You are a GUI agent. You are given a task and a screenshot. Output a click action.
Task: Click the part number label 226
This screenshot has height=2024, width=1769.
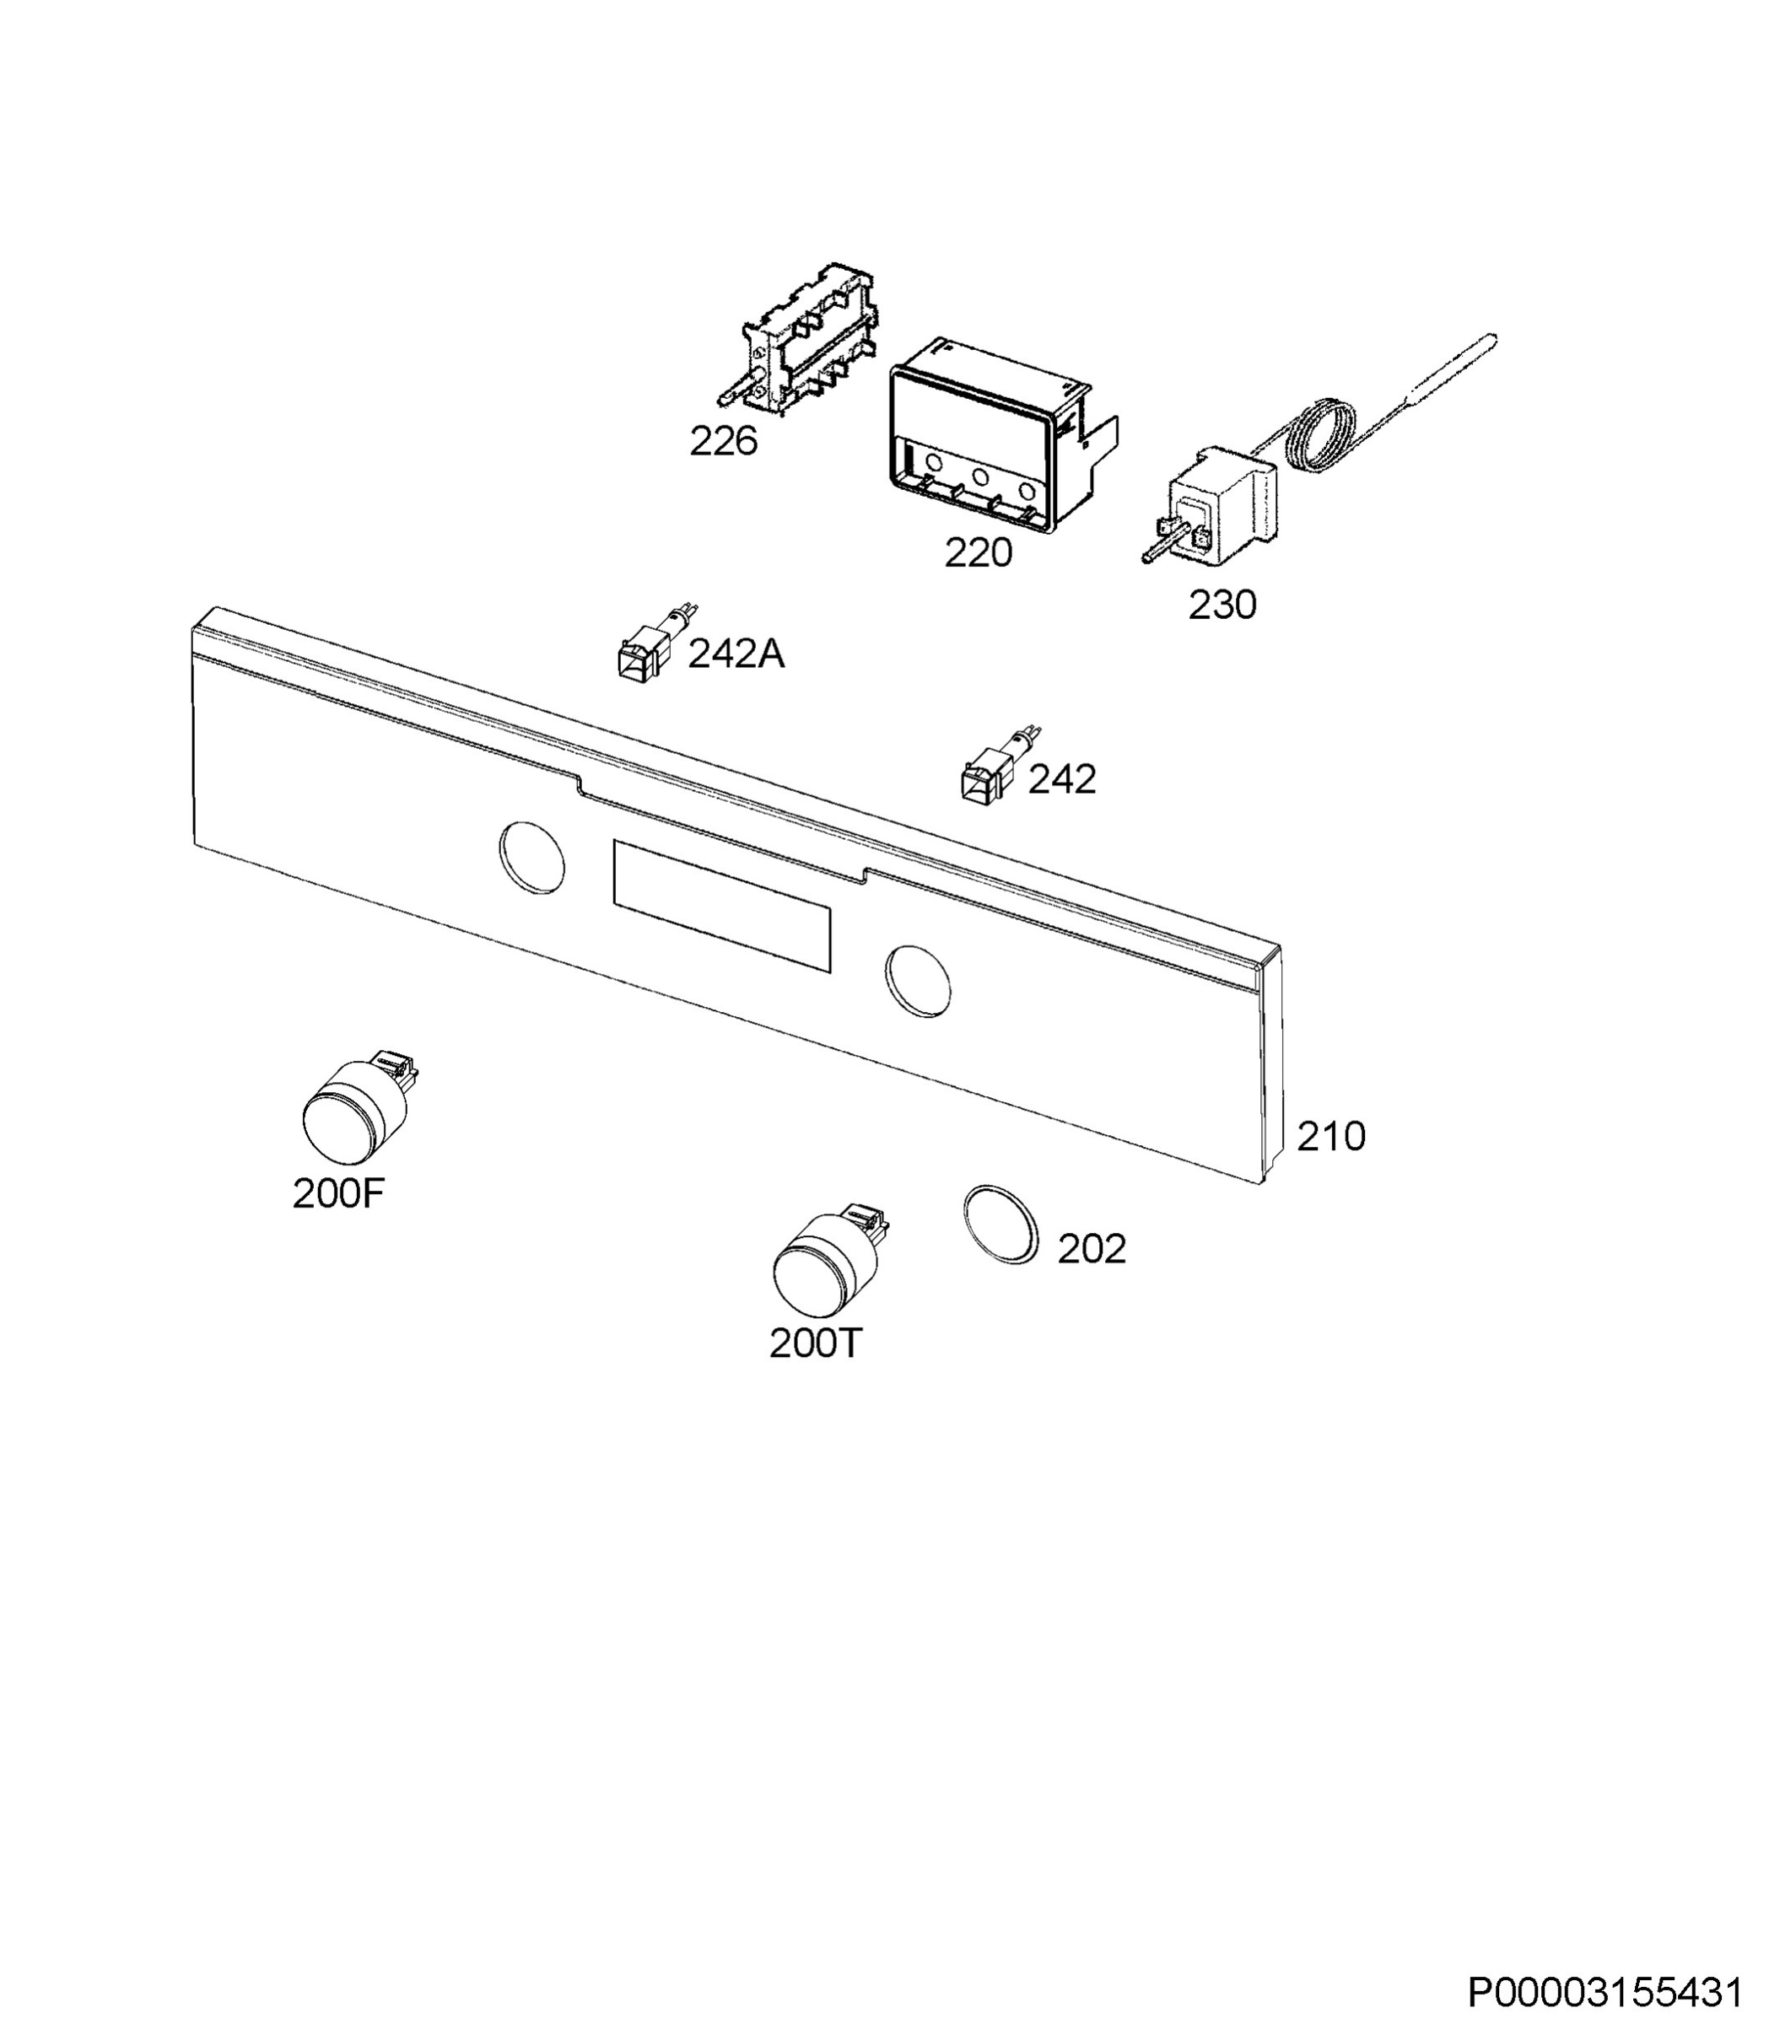[723, 441]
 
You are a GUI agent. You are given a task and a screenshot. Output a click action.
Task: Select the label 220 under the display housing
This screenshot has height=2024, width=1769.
[979, 552]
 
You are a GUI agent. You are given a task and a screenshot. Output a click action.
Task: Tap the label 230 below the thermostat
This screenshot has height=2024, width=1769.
[1222, 605]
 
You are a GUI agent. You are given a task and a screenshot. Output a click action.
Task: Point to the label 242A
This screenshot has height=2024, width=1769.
[736, 654]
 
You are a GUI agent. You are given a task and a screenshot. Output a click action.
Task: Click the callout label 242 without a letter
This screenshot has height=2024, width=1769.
[1062, 779]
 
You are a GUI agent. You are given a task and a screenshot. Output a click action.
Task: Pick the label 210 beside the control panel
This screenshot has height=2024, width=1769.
[1330, 1137]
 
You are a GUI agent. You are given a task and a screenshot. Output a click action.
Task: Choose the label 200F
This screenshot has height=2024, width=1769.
[337, 1195]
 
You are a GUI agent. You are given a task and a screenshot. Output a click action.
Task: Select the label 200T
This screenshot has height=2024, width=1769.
[816, 1344]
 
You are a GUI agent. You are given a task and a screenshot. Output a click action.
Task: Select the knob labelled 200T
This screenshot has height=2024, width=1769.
[828, 1262]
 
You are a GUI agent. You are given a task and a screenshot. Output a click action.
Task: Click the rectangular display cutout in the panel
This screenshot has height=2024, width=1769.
[721, 905]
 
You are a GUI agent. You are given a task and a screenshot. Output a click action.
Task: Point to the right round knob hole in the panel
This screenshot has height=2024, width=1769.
[918, 980]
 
